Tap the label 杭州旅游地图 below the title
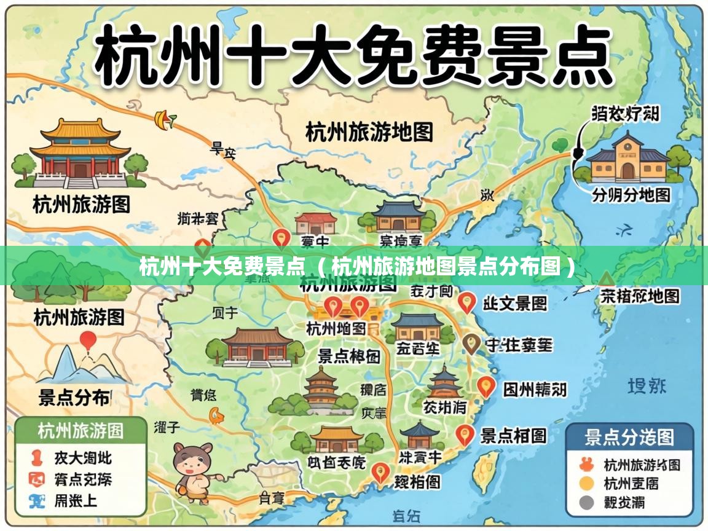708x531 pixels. pos(369,132)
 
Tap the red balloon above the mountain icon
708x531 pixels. pos(88,340)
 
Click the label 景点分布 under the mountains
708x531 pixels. pos(74,398)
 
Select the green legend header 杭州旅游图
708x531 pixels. pos(81,431)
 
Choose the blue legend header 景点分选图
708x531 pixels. pos(629,438)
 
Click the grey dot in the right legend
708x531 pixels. pos(587,503)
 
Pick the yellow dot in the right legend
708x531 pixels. pos(587,484)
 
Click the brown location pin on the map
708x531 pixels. pos(471,344)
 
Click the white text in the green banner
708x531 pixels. pos(356,267)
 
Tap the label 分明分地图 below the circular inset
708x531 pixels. pos(631,195)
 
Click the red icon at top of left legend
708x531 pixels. pos(37,458)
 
